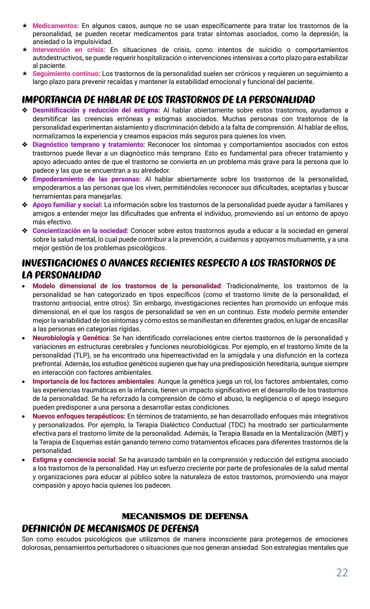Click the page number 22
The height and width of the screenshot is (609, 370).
click(x=342, y=573)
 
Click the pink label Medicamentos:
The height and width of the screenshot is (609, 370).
click(x=56, y=26)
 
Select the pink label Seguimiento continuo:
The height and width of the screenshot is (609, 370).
click(x=66, y=74)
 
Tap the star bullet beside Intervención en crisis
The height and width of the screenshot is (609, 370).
click(x=25, y=50)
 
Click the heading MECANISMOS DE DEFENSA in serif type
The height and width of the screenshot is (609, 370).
click(x=185, y=516)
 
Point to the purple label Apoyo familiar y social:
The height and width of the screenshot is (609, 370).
click(x=67, y=205)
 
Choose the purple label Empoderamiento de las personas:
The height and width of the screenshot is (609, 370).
click(x=86, y=179)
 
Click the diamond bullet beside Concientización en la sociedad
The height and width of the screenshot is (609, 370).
click(x=25, y=231)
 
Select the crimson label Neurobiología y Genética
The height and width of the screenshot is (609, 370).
click(x=71, y=338)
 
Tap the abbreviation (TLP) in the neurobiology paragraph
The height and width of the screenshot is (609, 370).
click(x=82, y=356)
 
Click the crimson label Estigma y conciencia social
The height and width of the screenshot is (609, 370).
click(x=74, y=460)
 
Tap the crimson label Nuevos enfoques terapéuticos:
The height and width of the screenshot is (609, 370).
click(x=79, y=417)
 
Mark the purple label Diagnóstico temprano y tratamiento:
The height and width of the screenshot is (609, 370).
click(x=88, y=145)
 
